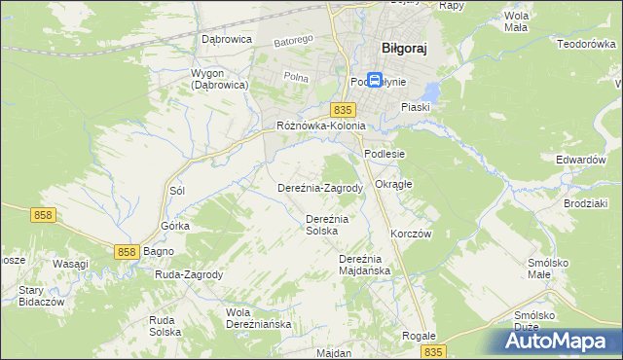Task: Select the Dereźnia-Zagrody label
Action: [320, 188]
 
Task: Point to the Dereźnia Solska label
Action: [327, 225]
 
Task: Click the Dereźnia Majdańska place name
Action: [364, 265]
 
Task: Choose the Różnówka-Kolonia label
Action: [320, 126]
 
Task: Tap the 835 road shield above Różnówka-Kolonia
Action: [341, 110]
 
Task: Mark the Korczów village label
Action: [411, 234]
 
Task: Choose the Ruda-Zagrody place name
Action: [189, 274]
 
